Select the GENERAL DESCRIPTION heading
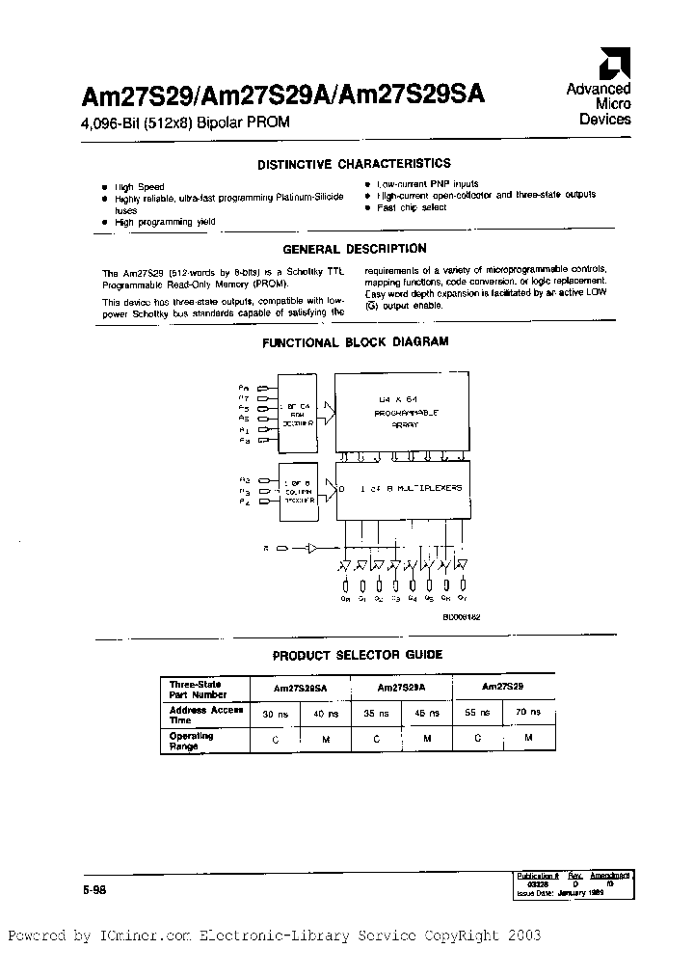coord(354,249)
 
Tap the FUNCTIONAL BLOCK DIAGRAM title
coord(355,342)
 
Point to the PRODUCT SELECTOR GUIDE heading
coord(357,655)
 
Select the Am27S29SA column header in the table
coord(300,688)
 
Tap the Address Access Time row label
coord(200,714)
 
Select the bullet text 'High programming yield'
coord(152,222)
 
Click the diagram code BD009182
coord(461,614)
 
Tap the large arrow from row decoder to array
coord(326,415)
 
